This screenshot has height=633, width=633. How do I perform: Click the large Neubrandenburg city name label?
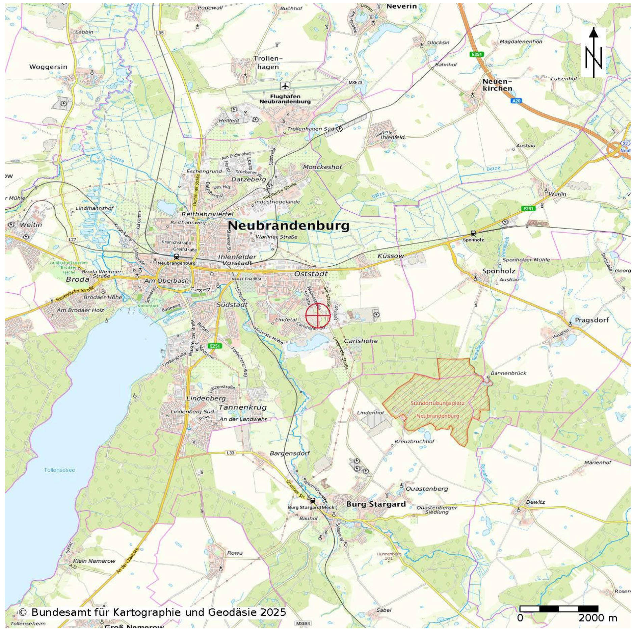288,226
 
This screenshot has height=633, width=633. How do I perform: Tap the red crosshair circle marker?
318,315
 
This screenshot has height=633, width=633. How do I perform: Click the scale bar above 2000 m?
559,609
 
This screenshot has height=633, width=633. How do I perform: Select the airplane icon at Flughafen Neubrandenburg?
285,86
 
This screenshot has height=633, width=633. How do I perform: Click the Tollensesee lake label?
59,470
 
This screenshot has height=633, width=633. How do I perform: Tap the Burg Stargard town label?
376,504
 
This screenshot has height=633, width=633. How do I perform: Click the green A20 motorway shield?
516,101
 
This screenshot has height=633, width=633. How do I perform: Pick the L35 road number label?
160,33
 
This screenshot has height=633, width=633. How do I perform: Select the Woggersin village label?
48,67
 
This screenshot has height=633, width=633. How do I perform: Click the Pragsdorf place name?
592,320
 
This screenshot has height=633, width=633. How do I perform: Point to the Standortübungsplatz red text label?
438,403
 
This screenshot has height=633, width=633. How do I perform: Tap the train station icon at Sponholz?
473,233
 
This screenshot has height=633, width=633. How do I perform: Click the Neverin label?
401,6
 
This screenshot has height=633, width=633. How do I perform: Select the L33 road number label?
230,453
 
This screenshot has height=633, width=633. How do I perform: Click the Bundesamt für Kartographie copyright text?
152,612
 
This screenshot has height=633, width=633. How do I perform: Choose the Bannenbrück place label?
508,373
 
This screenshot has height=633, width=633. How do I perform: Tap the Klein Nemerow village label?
94,561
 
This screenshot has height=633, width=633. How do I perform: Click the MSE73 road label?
355,82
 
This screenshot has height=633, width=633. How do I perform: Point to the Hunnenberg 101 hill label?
389,556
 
